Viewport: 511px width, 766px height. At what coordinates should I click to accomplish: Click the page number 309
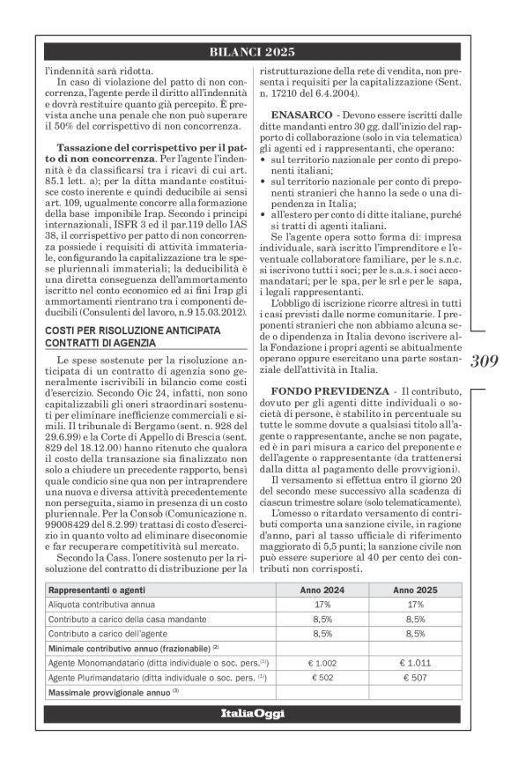click(485, 385)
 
